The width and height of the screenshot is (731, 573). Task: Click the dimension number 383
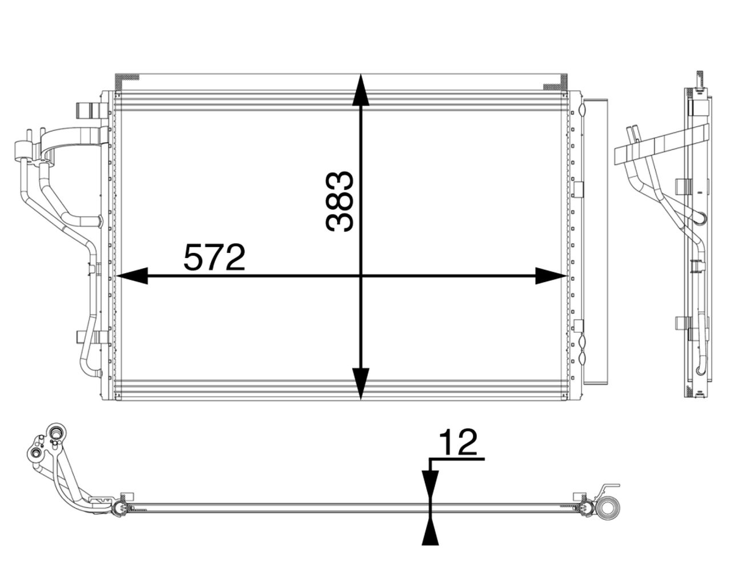[x=340, y=201]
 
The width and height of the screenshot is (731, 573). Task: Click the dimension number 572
[x=214, y=257]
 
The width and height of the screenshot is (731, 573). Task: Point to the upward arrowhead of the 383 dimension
[x=361, y=90]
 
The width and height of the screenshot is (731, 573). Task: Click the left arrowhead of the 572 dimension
[x=131, y=276]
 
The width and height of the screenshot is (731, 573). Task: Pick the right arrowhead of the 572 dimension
[x=551, y=276]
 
